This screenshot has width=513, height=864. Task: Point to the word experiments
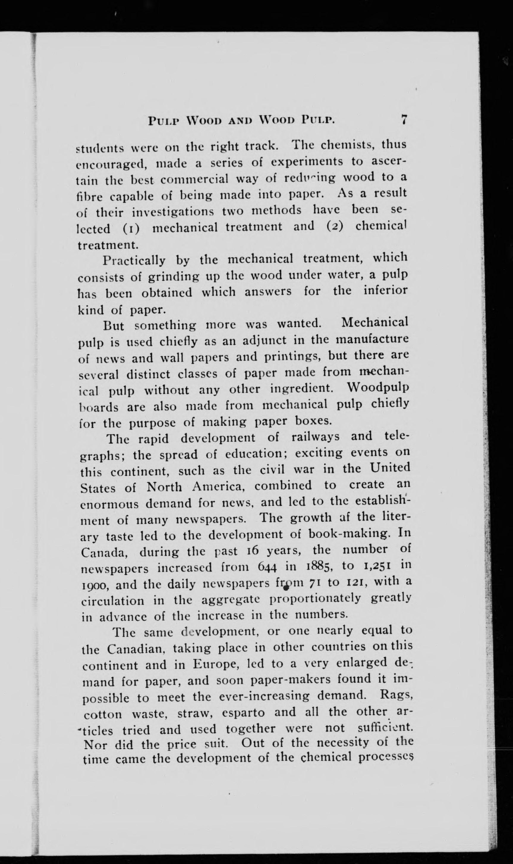coord(307,162)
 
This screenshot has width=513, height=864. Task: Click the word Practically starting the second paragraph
coord(134,261)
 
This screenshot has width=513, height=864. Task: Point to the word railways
coord(315,437)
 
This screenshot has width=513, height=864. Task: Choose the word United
coord(390,468)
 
